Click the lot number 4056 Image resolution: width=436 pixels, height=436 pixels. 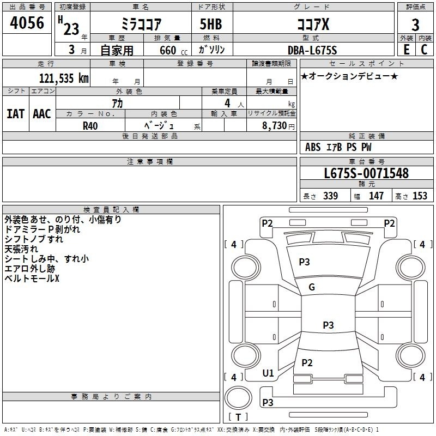tap(27, 22)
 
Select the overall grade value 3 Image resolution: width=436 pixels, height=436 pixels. tap(415, 25)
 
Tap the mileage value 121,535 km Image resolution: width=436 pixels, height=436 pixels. tap(64, 78)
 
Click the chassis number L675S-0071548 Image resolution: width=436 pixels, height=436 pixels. tap(366, 173)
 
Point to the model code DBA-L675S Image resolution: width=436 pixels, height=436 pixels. tap(312, 50)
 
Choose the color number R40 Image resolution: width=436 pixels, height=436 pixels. tap(90, 126)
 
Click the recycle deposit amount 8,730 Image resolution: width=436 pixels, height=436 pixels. tap(274, 125)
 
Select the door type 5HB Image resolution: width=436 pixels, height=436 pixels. tap(211, 24)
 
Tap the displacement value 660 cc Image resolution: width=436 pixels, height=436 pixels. tap(173, 51)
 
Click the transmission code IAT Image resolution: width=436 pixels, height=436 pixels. tap(16, 114)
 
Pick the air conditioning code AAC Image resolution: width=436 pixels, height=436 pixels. tap(42, 114)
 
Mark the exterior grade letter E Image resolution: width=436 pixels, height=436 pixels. tap(407, 50)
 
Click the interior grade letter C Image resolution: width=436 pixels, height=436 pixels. tap(424, 50)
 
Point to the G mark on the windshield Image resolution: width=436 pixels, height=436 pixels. tap(312, 287)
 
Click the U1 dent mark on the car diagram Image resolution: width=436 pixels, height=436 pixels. tap(268, 373)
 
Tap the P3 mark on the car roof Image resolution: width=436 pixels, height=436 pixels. tap(328, 325)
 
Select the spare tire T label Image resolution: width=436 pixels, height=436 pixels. tap(238, 417)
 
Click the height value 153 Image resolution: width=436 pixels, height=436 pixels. tap(420, 196)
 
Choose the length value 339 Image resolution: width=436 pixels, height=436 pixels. tap(331, 196)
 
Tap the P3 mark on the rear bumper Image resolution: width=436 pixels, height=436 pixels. tap(268, 402)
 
